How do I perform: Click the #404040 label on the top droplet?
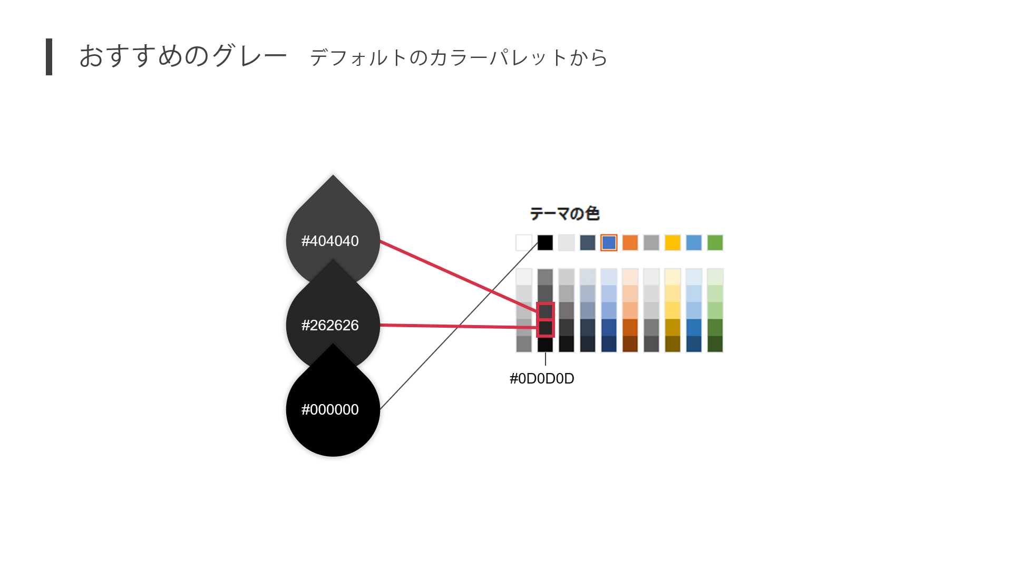330,241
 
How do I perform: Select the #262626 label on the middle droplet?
330,326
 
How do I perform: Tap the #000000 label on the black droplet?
330,410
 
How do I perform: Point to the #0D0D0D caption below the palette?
542,379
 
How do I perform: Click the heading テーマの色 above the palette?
565,213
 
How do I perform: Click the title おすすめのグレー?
183,56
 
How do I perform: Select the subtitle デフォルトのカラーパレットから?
459,57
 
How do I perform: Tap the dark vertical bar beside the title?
49,57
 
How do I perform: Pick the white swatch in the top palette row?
524,243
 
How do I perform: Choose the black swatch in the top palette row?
545,243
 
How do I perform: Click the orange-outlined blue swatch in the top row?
609,243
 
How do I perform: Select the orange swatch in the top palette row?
630,243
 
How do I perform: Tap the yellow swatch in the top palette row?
673,243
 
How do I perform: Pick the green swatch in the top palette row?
715,243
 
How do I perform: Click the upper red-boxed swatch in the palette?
546,311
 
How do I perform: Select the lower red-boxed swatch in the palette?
546,328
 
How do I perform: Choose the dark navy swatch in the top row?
587,243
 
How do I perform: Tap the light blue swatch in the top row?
694,243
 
